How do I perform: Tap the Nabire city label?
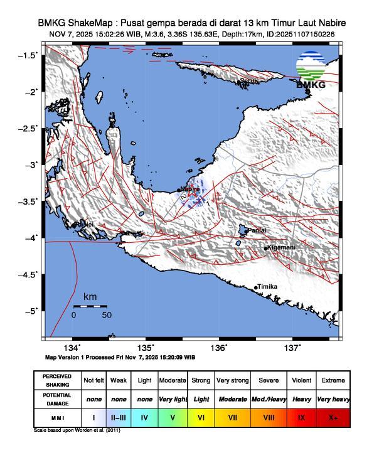(189, 188)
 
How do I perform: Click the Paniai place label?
(256, 231)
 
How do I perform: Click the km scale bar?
(90, 306)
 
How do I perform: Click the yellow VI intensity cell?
(201, 416)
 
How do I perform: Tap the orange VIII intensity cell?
(269, 416)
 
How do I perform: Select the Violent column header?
(301, 380)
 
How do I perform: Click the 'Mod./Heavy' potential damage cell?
(269, 399)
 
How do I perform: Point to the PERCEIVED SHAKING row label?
(57, 380)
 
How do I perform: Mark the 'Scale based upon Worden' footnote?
(77, 431)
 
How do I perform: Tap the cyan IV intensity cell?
(144, 416)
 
